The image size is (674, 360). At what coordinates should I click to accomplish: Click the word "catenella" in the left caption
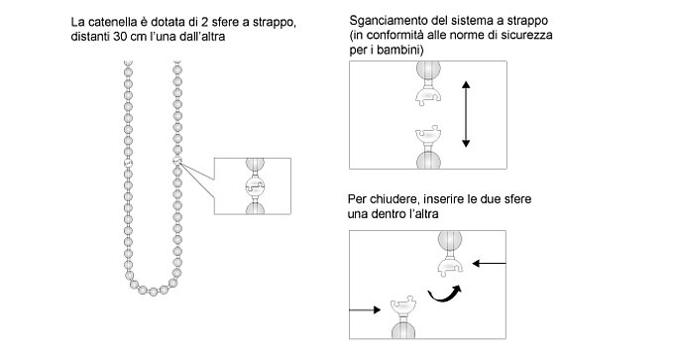(x=109, y=22)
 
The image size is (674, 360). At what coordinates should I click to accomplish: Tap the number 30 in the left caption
(x=119, y=37)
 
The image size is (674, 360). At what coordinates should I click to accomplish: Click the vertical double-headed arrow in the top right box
(x=466, y=114)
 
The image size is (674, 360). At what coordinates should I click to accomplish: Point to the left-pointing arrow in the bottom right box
(x=489, y=263)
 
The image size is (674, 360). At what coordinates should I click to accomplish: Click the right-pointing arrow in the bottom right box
(x=365, y=309)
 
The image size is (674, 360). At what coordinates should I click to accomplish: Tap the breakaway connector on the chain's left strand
(x=128, y=163)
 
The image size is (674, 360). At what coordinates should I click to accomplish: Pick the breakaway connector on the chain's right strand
(x=177, y=161)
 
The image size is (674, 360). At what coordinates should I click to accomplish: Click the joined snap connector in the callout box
(x=255, y=186)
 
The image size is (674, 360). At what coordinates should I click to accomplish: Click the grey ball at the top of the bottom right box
(x=450, y=240)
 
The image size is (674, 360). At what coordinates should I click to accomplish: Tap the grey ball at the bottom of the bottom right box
(x=403, y=330)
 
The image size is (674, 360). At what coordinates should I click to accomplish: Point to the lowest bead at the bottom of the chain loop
(x=154, y=292)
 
